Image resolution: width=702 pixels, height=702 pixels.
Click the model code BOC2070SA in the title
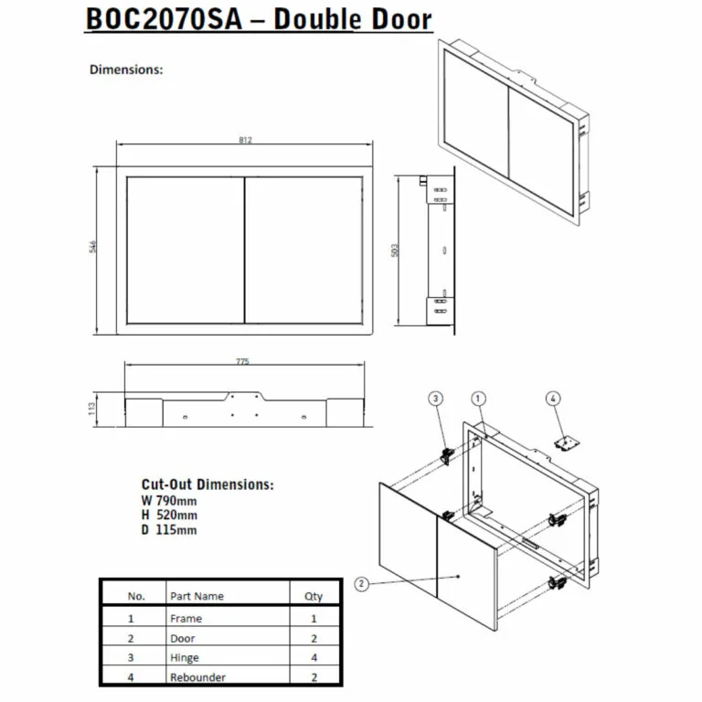pyautogui.click(x=164, y=20)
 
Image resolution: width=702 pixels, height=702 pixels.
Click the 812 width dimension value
pyautogui.click(x=245, y=140)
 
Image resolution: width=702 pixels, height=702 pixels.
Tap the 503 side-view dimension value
pyautogui.click(x=395, y=249)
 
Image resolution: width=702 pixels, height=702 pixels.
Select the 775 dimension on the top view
pyautogui.click(x=242, y=363)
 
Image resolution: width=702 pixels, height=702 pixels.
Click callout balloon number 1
pyautogui.click(x=478, y=398)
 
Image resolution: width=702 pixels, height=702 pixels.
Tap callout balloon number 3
pyautogui.click(x=437, y=398)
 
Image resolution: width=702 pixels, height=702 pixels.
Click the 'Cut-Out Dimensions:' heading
pyautogui.click(x=207, y=484)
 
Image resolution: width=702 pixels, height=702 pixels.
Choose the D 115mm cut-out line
pyautogui.click(x=169, y=529)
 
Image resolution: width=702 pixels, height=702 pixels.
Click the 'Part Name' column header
pyautogui.click(x=197, y=596)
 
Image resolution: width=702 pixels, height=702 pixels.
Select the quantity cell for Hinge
pyautogui.click(x=314, y=658)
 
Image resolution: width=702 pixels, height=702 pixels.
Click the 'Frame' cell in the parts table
pyautogui.click(x=186, y=619)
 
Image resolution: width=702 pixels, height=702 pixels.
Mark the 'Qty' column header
pyautogui.click(x=314, y=596)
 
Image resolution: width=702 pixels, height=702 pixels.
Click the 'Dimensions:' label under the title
pyautogui.click(x=126, y=69)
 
